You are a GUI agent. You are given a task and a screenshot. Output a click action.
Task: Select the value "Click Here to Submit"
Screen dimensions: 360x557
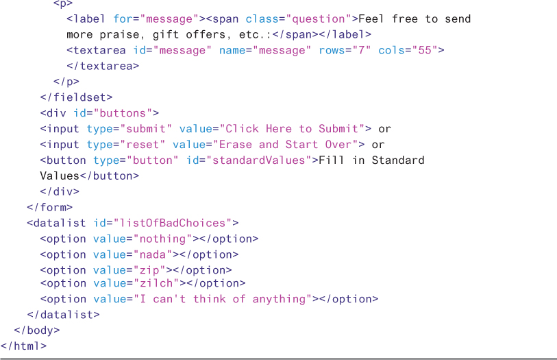click(292, 129)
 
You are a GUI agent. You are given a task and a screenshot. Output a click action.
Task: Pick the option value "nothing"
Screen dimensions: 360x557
click(163, 239)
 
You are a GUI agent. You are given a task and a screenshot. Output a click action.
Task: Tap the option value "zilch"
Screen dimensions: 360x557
click(156, 283)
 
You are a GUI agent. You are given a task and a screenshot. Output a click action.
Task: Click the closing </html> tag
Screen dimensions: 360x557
click(24, 346)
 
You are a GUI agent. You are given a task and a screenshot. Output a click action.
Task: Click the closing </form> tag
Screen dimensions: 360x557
click(49, 207)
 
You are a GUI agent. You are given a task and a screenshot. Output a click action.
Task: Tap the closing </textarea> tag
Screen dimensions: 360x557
click(103, 67)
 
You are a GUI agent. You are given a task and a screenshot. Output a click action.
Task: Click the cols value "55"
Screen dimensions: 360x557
click(423, 51)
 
